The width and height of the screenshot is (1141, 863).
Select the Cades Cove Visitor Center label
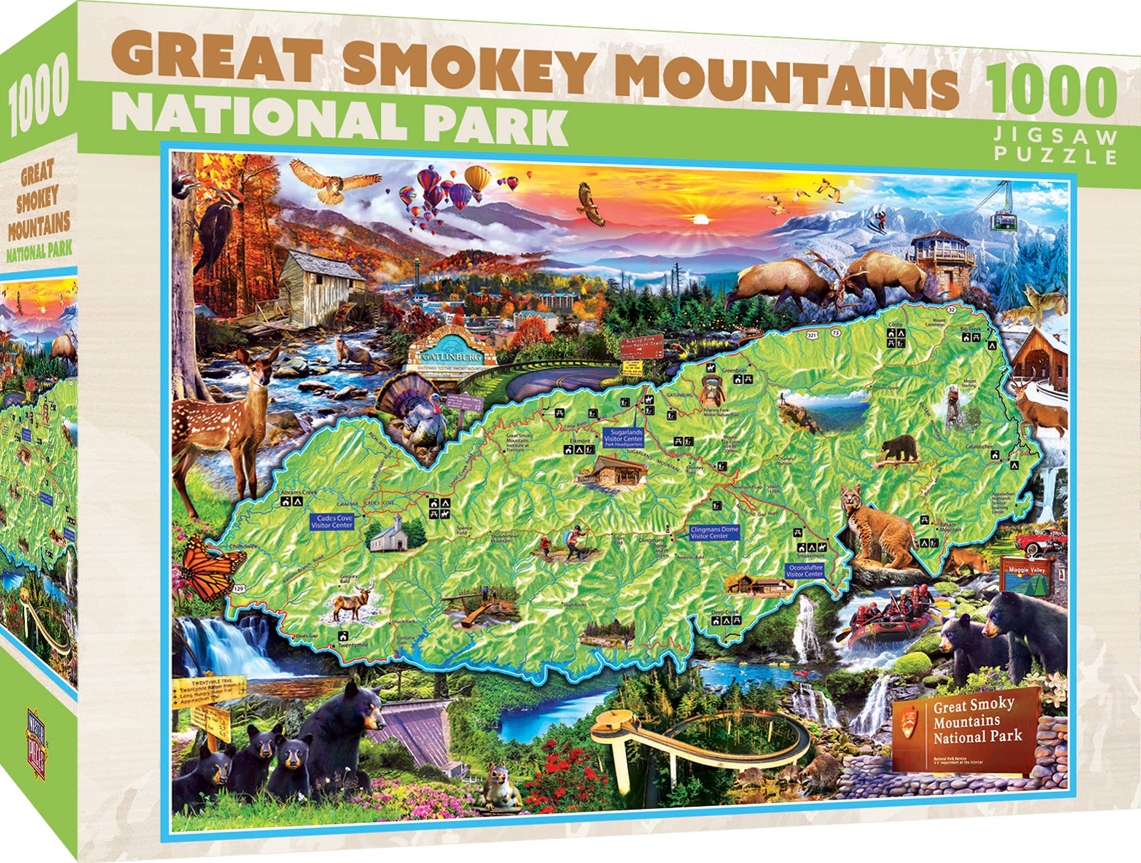[332, 522]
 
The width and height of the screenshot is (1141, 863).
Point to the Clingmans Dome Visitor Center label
[713, 532]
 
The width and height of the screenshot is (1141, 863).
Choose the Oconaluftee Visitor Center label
[804, 571]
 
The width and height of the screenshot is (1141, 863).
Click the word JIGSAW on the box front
[1056, 138]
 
